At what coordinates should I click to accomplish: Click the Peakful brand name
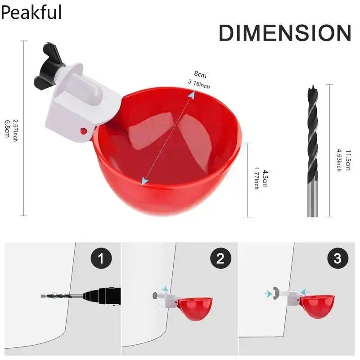tap(31, 12)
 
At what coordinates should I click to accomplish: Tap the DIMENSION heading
tap(285, 33)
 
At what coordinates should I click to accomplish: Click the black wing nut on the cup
tap(48, 66)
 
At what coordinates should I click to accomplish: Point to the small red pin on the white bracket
tap(84, 131)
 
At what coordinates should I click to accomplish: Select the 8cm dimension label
tap(200, 74)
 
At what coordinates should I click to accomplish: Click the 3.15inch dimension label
tap(199, 84)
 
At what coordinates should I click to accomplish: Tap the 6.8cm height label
tap(7, 129)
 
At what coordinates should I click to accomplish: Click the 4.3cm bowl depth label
tap(265, 179)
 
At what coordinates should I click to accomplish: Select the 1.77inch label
tap(256, 178)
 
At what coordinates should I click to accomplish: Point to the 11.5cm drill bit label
tap(348, 160)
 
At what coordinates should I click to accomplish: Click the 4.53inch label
tap(339, 160)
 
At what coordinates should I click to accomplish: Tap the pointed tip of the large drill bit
tap(312, 85)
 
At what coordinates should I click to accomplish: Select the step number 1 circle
tap(101, 258)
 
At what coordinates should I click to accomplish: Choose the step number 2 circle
tap(220, 258)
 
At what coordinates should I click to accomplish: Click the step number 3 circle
tap(337, 258)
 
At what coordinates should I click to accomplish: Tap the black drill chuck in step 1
tap(102, 297)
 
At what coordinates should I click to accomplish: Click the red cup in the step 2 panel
tap(195, 309)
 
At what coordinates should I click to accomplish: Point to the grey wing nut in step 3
tap(276, 293)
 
